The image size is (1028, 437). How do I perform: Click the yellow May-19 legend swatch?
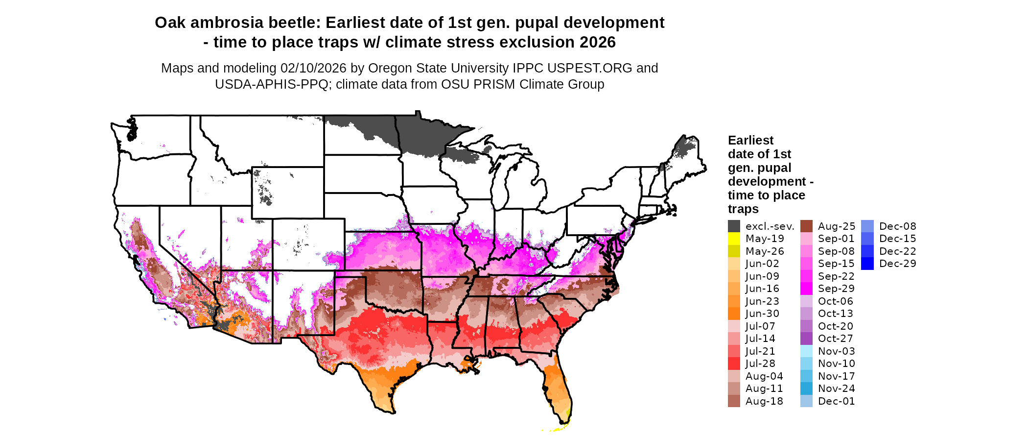(734, 239)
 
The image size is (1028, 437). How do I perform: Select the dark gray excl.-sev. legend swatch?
(734, 226)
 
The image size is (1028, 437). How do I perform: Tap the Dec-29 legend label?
(897, 264)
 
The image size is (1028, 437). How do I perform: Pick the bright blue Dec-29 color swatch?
(867, 264)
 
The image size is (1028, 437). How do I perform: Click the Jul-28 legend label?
(764, 364)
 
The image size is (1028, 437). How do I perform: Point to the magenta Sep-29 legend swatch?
(806, 289)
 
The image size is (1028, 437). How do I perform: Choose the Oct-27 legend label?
(836, 339)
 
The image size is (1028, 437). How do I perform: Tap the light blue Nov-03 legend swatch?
(806, 351)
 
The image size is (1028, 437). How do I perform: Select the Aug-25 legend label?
(837, 226)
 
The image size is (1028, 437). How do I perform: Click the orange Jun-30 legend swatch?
(734, 314)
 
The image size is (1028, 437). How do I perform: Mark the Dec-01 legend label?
(836, 401)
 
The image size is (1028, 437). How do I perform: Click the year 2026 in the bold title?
(597, 42)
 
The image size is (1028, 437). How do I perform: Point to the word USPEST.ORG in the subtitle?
(589, 68)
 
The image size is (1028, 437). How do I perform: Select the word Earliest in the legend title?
(750, 141)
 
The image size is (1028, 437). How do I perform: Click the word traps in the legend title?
(743, 209)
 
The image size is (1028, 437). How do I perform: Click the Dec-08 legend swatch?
(867, 226)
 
